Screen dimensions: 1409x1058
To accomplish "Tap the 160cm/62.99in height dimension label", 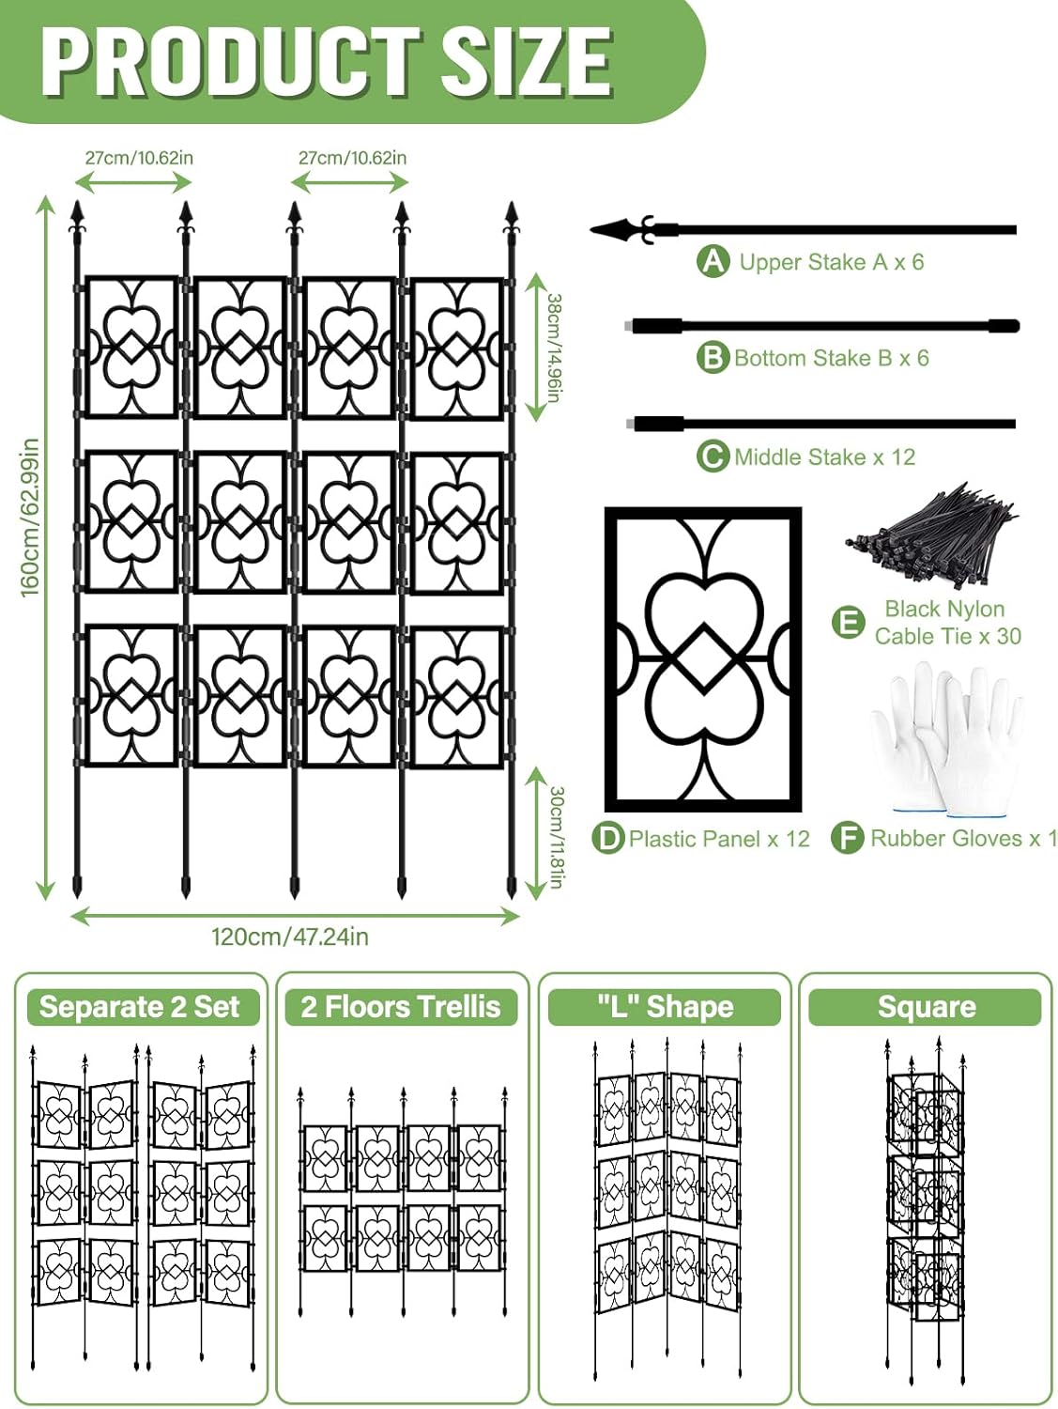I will point(30,517).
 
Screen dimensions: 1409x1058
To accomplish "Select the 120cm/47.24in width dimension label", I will point(289,937).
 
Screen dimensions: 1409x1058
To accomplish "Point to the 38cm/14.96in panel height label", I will point(554,348).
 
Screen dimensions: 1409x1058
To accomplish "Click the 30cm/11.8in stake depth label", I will point(556,837).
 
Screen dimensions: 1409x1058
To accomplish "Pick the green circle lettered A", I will point(713,261).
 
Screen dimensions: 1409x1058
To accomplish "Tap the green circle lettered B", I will point(713,358).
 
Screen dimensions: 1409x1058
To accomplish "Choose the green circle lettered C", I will point(713,457).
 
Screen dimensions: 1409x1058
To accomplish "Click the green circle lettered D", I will point(608,838).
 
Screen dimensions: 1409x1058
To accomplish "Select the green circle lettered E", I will point(849,622).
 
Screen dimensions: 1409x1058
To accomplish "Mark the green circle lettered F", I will point(848,838).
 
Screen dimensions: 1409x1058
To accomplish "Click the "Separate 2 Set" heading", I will point(140,1007).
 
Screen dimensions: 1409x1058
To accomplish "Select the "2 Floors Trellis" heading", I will point(401,1007).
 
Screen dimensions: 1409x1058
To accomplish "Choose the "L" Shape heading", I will point(665,1007).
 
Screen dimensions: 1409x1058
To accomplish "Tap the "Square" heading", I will point(926,1007).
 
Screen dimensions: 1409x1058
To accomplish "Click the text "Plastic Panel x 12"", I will point(719,838).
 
